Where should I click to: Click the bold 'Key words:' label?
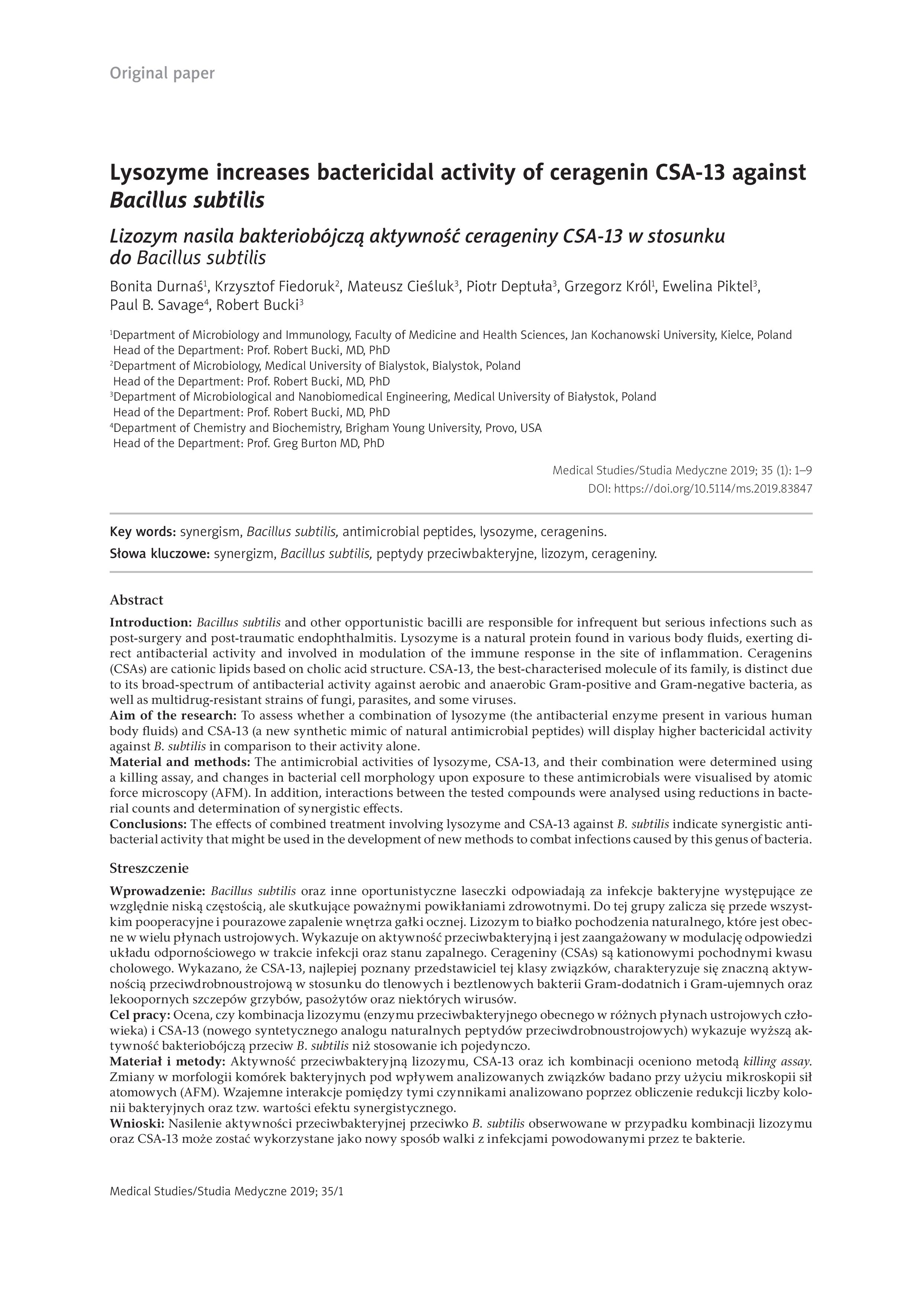pyautogui.click(x=143, y=532)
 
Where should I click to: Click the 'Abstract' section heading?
pyautogui.click(x=136, y=600)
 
